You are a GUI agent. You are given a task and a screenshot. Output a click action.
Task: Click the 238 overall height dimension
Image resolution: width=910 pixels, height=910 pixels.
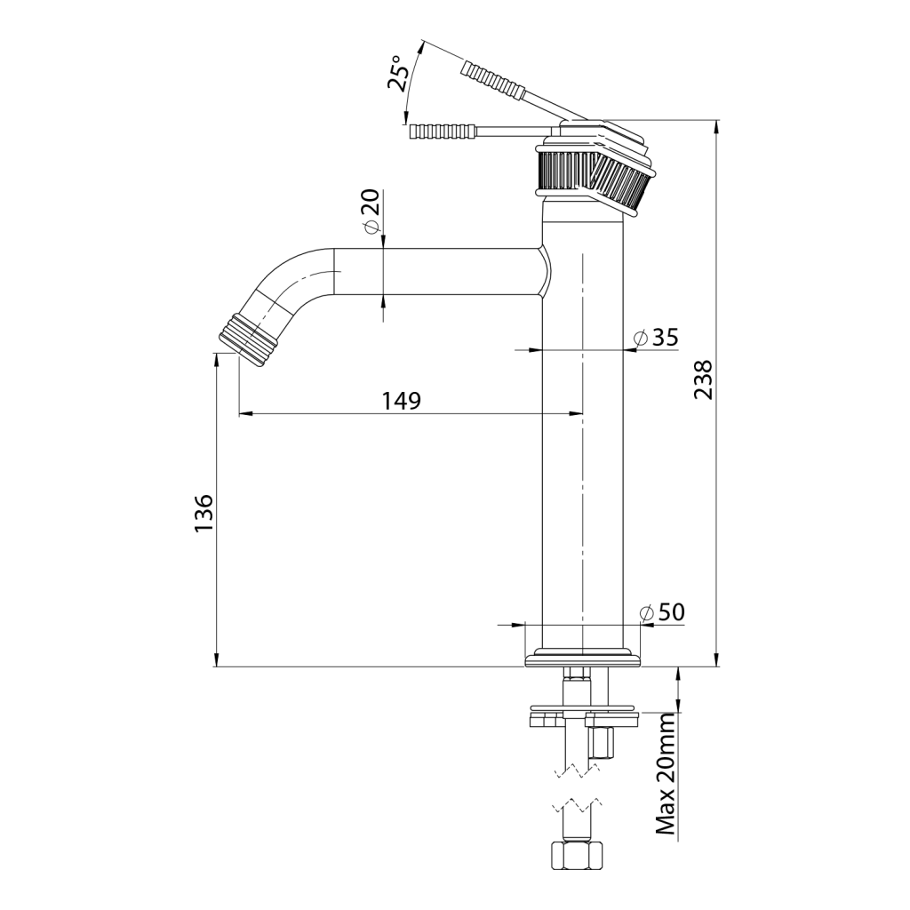click(703, 379)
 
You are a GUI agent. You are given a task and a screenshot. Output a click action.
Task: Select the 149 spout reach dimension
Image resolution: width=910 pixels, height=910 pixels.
click(401, 401)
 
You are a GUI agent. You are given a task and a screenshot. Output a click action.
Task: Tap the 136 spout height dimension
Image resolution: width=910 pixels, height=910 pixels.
click(204, 513)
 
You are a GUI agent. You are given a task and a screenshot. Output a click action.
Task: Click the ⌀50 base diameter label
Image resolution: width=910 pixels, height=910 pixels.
click(662, 611)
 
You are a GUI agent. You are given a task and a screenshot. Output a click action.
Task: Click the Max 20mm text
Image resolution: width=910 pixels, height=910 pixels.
click(666, 777)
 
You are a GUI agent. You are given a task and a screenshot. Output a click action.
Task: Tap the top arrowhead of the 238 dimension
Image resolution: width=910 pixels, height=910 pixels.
click(717, 125)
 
